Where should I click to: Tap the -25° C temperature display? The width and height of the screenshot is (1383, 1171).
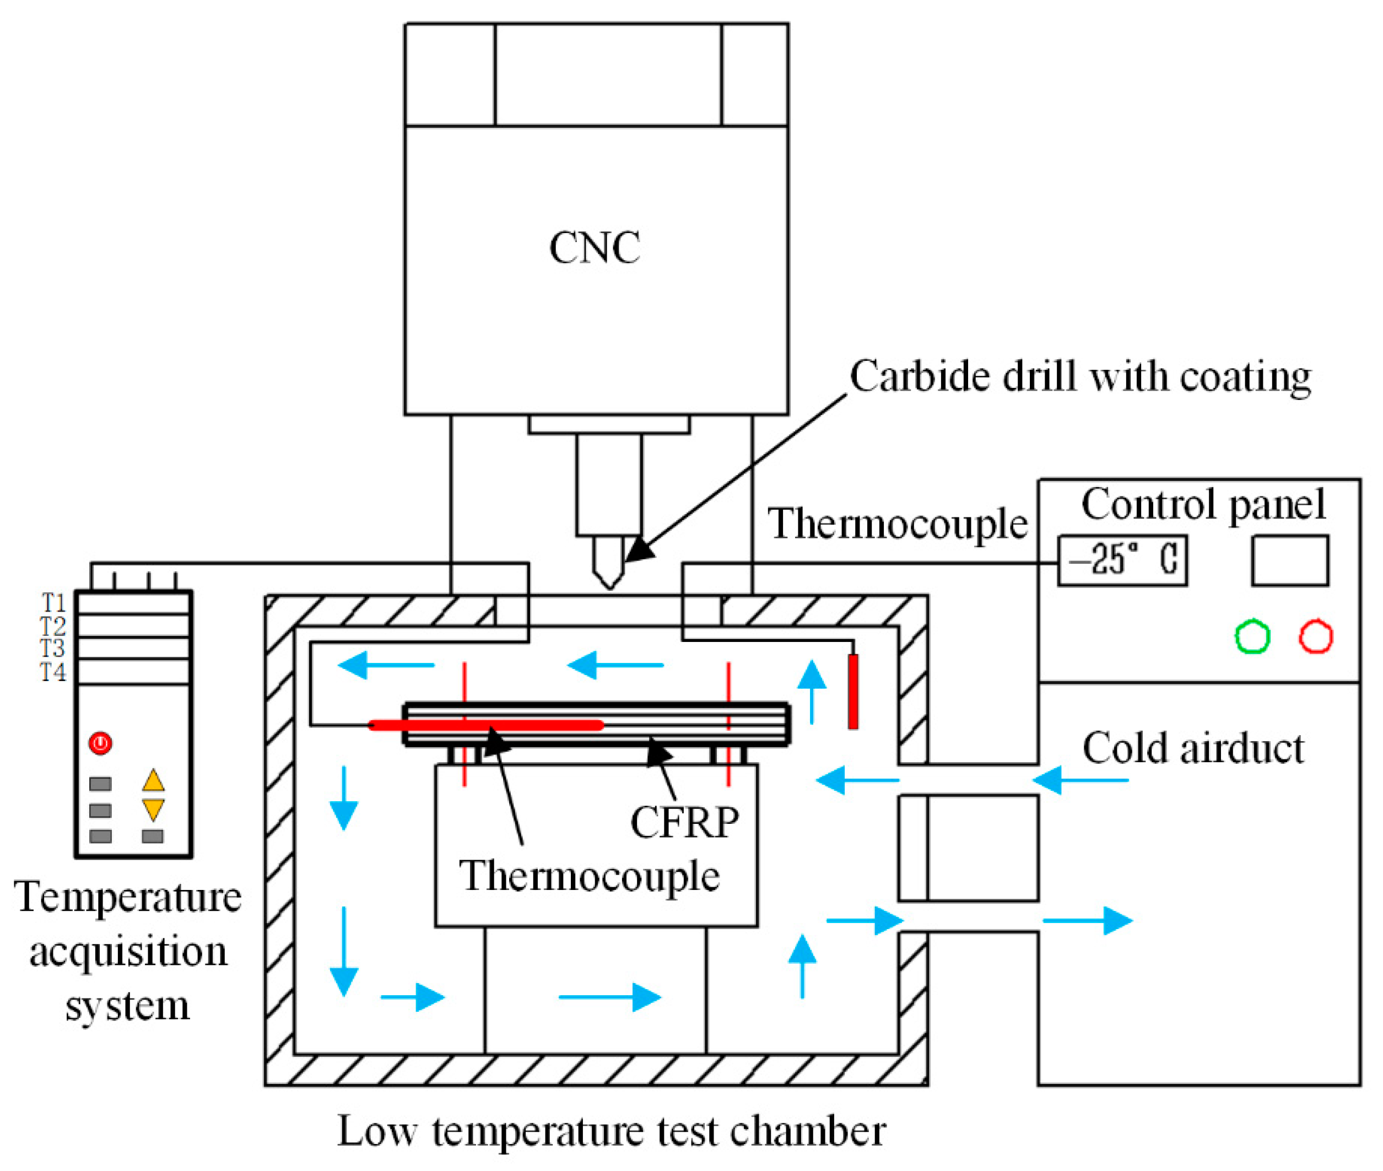click(1121, 560)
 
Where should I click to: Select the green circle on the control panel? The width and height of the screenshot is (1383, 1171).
click(1252, 636)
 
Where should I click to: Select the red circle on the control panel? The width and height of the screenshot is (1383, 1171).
click(1315, 636)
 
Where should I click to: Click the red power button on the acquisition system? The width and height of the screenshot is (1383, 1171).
click(100, 742)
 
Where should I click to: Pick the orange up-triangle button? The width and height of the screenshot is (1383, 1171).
click(153, 780)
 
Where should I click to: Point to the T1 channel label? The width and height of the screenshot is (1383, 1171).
click(54, 602)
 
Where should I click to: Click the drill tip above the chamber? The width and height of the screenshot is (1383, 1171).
click(610, 587)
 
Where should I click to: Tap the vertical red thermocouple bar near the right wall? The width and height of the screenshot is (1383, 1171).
click(853, 692)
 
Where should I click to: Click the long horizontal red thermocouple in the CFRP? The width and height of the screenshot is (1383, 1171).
click(486, 725)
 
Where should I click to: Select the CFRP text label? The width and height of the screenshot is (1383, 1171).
click(684, 823)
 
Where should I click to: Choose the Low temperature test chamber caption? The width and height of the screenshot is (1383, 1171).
click(611, 1131)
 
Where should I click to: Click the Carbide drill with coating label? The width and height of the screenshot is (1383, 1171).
click(1081, 377)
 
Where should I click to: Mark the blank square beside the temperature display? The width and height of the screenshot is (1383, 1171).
click(1290, 560)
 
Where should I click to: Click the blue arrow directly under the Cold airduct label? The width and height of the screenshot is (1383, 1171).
click(1081, 780)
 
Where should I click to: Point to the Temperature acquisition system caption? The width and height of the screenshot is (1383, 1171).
click(127, 951)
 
